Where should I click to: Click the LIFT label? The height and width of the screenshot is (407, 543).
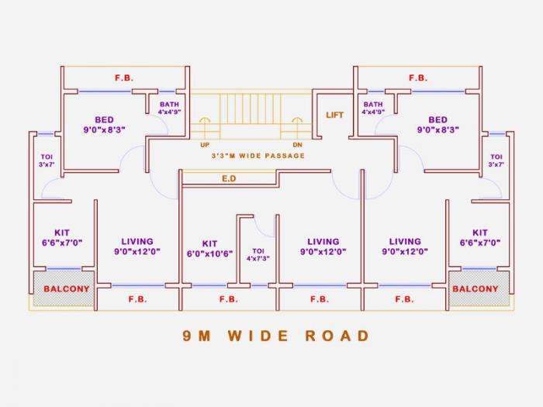click(334, 115)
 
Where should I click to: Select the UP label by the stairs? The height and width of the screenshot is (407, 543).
click(205, 144)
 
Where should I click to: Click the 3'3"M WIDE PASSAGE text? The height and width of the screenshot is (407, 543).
click(258, 156)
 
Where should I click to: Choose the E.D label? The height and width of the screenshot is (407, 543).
click(229, 179)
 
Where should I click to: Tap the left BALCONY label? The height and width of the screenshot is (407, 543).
click(66, 289)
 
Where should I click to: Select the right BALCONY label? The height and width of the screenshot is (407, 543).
click(475, 289)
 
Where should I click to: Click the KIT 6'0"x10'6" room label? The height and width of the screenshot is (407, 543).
click(209, 248)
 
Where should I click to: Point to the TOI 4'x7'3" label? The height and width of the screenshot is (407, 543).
click(258, 254)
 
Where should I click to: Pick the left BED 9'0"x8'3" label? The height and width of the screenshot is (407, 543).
click(104, 125)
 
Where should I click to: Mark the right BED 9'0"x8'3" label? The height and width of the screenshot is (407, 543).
click(438, 125)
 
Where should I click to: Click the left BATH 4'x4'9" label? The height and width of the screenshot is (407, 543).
click(169, 108)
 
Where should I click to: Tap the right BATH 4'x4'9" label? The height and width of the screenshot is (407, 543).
click(373, 108)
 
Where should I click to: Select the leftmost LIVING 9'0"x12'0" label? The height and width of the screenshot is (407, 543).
click(137, 247)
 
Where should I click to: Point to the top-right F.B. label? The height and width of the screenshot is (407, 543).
click(418, 78)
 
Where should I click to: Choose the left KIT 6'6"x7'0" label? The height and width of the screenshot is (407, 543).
click(62, 237)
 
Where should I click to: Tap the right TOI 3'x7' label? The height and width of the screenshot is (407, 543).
click(496, 161)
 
